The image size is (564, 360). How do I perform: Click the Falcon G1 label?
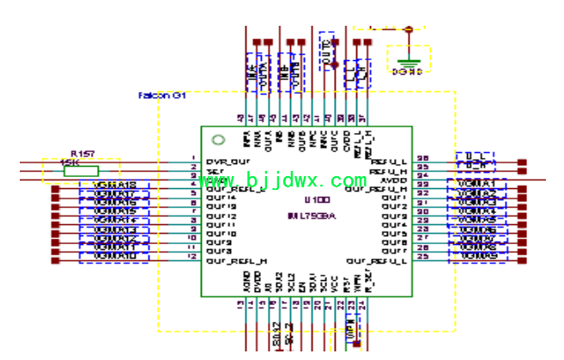pos(162,95)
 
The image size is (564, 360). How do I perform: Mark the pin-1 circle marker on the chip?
pos(218,140)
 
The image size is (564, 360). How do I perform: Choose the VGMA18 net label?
pos(113,185)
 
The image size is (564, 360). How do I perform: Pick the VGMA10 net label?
pos(113,257)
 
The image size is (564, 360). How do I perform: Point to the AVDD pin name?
pos(394,180)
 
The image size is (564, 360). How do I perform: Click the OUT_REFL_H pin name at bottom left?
pos(238,260)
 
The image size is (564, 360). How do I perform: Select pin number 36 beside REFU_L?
pos(422,159)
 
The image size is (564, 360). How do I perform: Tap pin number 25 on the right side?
pos(422,256)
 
